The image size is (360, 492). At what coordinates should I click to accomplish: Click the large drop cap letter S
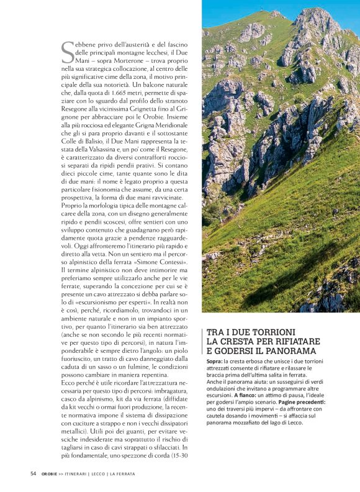tap(68, 53)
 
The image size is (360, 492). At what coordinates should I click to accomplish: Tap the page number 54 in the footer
tap(34, 473)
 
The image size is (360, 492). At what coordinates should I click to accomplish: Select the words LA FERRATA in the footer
tap(123, 473)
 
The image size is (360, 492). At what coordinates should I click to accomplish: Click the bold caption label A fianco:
tap(247, 394)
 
